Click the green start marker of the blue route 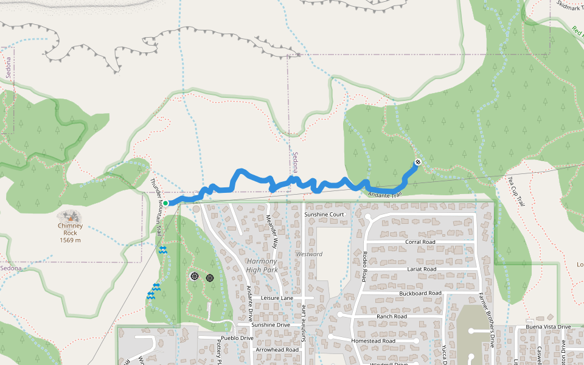165,203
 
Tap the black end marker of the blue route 418,162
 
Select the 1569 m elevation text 70,240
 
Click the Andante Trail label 385,195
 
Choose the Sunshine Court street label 324,215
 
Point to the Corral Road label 420,242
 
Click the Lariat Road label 421,268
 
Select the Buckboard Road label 420,293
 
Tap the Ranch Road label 391,316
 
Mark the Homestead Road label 373,341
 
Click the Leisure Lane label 277,298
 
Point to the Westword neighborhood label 309,254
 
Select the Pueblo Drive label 237,338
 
